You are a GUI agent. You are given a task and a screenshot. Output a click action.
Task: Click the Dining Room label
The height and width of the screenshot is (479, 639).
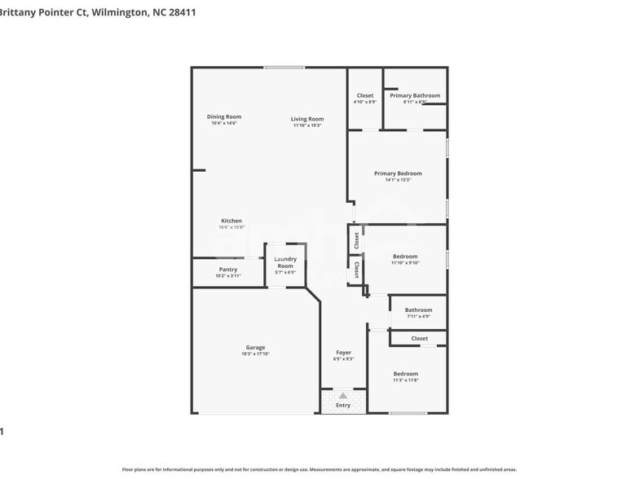[x=224, y=116]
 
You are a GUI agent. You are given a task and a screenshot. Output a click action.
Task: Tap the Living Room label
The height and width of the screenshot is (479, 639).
[x=307, y=119]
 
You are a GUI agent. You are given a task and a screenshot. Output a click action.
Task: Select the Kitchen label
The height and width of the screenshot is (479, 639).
[x=231, y=221]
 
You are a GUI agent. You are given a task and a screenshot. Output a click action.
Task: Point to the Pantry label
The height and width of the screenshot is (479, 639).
[x=228, y=270]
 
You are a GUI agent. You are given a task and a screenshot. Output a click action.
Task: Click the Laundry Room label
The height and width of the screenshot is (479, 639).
[x=285, y=262]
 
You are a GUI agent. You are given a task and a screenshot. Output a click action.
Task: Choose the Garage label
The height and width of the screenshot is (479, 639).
[x=255, y=347]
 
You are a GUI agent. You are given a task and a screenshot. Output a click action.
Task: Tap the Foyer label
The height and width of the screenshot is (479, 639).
[x=343, y=353]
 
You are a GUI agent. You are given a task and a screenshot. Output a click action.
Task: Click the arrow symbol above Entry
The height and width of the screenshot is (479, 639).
[x=343, y=395]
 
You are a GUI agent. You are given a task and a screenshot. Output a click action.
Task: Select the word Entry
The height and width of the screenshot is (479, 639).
[x=343, y=405]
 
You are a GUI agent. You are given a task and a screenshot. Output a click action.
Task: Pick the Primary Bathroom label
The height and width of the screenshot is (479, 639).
[x=415, y=95]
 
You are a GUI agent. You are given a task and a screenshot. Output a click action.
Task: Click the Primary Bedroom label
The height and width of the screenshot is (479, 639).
[x=398, y=173]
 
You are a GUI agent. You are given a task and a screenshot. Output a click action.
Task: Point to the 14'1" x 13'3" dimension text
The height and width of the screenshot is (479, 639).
[x=398, y=180]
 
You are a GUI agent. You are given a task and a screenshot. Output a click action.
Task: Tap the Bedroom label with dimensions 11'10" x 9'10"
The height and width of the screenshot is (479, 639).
[x=404, y=257]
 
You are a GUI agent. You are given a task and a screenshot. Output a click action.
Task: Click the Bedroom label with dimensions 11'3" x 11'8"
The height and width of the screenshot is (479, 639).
[x=405, y=374]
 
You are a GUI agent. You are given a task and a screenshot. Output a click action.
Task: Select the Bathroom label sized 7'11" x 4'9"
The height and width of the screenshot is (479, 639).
[x=418, y=310]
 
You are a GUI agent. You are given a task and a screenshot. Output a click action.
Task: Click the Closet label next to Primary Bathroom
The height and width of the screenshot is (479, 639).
[x=364, y=95]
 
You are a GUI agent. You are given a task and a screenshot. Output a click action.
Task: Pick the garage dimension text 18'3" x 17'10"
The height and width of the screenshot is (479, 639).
[x=255, y=354]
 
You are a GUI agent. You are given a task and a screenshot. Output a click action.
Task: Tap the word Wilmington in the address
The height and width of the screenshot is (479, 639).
[x=121, y=12]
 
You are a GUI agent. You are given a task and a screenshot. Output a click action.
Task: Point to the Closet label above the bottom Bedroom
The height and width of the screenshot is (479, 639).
[x=419, y=338]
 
